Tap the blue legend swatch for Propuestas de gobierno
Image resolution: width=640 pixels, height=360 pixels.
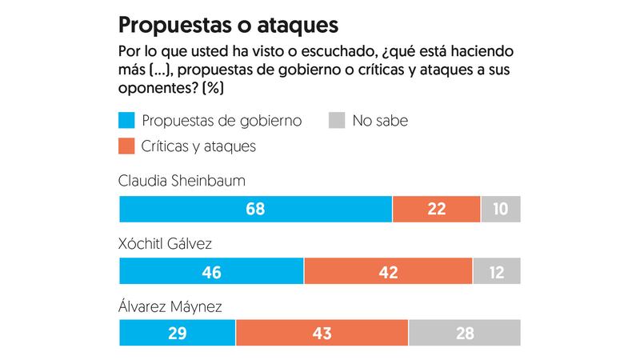pos(126,122)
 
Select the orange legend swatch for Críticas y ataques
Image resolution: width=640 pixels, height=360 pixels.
pos(126,146)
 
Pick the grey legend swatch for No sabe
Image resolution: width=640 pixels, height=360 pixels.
pos(337,122)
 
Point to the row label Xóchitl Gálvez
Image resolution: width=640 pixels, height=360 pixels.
pos(165,243)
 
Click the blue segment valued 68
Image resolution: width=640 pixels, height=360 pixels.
pos(255,209)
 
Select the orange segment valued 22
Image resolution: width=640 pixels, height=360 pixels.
pos(436,209)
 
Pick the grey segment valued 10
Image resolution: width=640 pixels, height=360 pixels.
pos(501,209)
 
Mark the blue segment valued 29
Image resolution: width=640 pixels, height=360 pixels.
pos(177,333)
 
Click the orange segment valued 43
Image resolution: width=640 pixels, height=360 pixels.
pos(322,333)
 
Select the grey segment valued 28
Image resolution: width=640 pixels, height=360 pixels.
pos(464,333)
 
